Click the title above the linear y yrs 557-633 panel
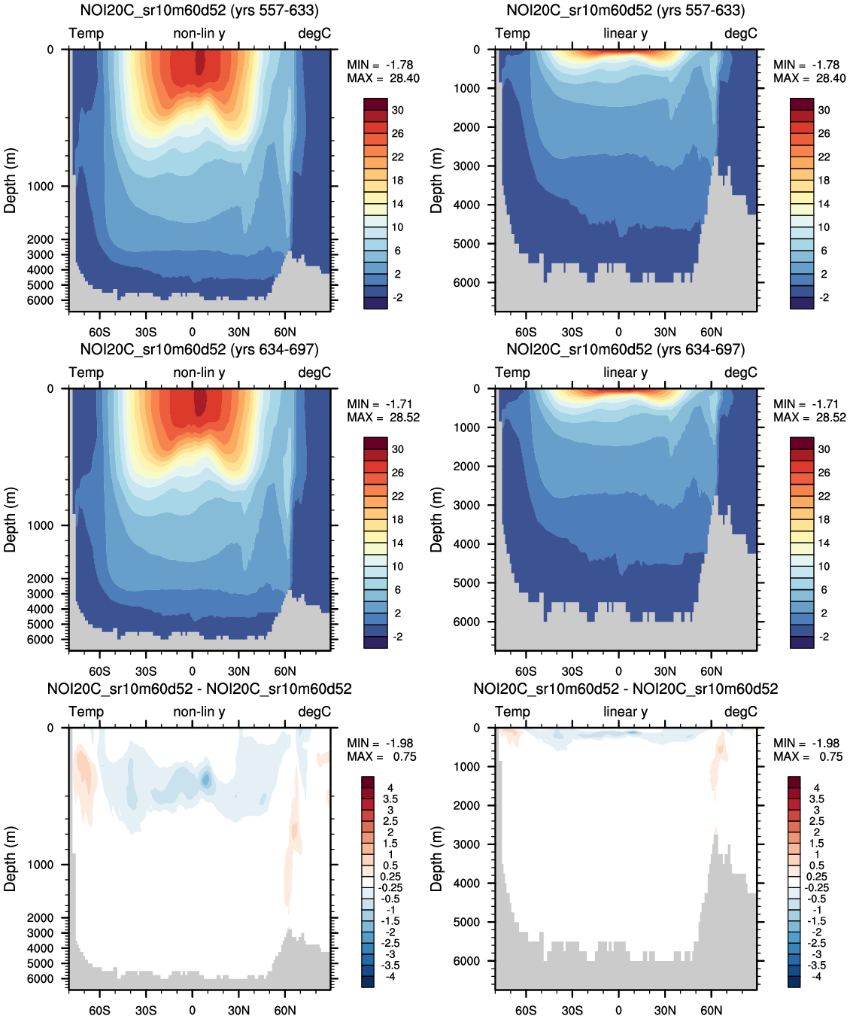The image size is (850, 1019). tap(626, 11)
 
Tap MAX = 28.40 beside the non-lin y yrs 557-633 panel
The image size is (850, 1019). tap(383, 78)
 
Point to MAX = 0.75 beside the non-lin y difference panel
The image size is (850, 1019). tap(381, 756)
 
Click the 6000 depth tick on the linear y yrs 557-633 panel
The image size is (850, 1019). tap(466, 283)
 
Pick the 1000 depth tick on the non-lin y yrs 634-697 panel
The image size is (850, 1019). tap(40, 525)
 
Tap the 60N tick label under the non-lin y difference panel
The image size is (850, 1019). tap(285, 1010)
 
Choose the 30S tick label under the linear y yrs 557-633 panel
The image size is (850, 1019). tap(572, 332)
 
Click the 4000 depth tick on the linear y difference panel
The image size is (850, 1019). tap(466, 883)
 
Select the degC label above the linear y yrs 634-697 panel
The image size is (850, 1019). tap(740, 373)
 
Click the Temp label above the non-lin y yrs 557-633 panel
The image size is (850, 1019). tap(87, 33)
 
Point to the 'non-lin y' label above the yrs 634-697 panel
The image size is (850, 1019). tap(199, 373)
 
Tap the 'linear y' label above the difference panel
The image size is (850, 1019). tap(625, 711)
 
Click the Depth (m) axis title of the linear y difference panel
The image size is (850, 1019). tap(436, 858)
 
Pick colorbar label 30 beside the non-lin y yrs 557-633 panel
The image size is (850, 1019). tap(397, 110)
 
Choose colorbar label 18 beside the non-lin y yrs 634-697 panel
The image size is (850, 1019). tap(397, 519)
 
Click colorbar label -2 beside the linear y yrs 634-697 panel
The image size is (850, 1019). tap(824, 637)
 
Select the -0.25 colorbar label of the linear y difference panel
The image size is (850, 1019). tap(816, 887)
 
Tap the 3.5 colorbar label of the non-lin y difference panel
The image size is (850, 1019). tap(390, 798)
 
